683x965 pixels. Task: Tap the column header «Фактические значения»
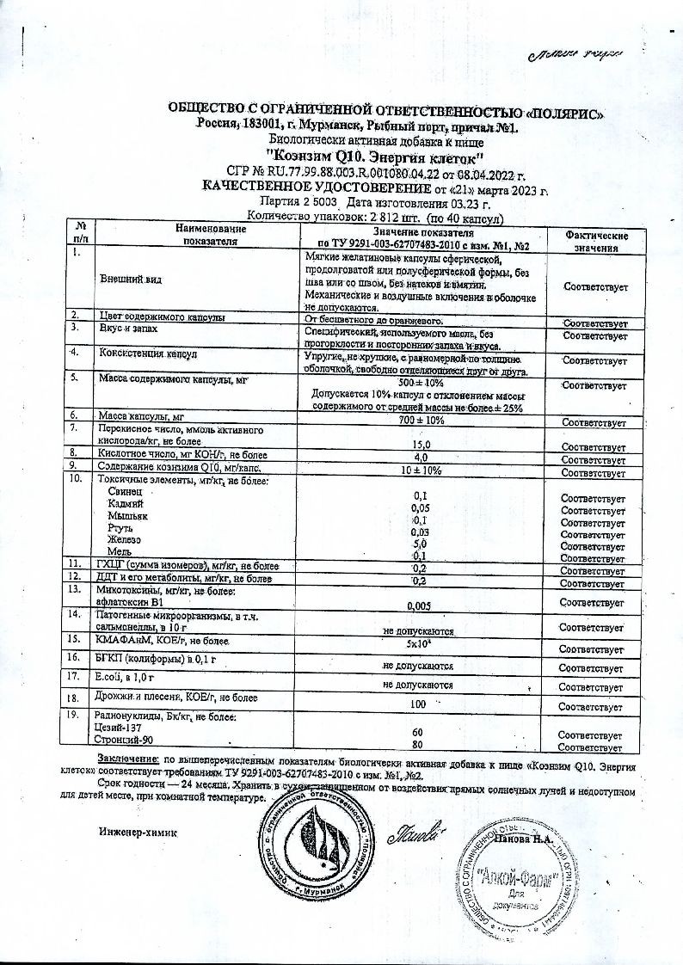[596, 242]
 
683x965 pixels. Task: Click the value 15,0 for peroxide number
[421, 444]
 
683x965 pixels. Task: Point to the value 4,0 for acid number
[421, 458]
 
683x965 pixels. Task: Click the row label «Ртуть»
[119, 527]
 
